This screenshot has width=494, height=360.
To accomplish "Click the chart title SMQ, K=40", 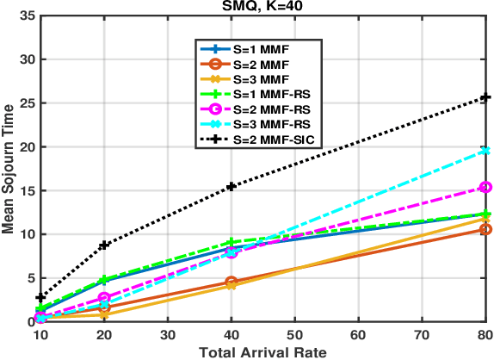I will click(262, 7).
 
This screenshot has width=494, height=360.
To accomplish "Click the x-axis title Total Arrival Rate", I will click(262, 352).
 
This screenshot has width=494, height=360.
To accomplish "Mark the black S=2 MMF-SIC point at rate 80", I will click(485, 97).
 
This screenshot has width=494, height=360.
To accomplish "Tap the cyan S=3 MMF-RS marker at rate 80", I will click(485, 151).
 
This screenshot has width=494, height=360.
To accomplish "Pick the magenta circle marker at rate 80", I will click(485, 187).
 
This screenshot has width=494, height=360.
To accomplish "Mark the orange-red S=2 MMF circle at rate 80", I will click(485, 229).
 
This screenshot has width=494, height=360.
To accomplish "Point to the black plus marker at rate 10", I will click(40, 297).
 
